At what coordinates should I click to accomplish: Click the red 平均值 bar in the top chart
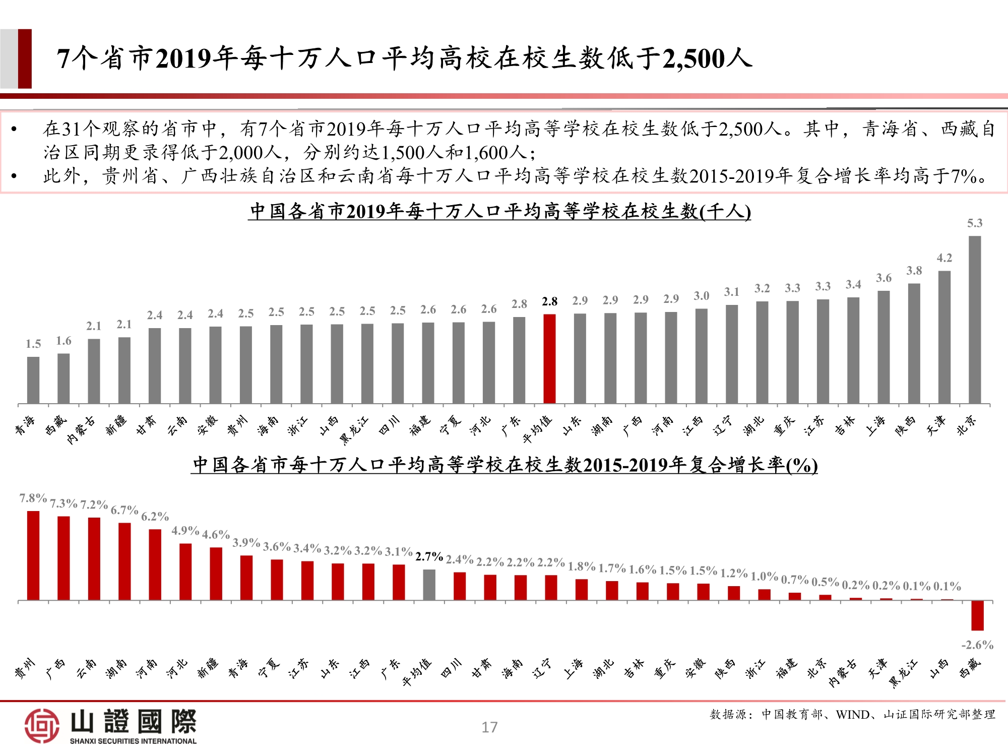point(549,359)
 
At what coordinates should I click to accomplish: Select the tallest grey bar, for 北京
point(975,320)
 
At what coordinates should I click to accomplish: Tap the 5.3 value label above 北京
point(975,223)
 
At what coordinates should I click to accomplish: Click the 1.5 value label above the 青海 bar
point(33,344)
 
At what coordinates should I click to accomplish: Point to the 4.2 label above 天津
point(944,258)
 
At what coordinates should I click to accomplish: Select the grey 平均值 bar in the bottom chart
point(429,585)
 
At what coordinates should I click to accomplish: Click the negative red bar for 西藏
point(977,615)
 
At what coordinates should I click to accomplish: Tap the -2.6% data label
point(977,645)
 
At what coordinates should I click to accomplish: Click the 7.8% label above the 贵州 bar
point(33,498)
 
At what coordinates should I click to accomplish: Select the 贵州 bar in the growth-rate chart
point(33,555)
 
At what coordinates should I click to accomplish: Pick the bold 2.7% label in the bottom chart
point(429,557)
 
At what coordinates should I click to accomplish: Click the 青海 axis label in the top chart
point(25,426)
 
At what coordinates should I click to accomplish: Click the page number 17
point(489,727)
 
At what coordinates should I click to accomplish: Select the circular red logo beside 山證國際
point(42,726)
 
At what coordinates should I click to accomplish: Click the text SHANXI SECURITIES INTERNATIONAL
point(133,741)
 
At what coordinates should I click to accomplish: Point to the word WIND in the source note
point(852,715)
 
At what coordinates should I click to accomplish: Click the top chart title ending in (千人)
point(500,211)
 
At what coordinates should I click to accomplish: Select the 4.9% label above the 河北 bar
point(185,531)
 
